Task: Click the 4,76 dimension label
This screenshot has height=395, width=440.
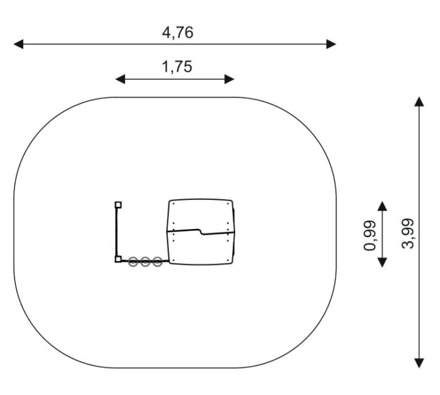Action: click(178, 33)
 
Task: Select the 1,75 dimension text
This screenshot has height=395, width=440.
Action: click(177, 67)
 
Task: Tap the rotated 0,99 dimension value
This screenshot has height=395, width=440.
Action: click(370, 235)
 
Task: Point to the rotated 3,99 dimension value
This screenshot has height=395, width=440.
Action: click(408, 233)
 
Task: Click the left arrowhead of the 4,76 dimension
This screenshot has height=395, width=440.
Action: click(18, 44)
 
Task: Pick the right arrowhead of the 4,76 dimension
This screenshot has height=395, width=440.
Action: click(331, 44)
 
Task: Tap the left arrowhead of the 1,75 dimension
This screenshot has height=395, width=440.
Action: click(120, 79)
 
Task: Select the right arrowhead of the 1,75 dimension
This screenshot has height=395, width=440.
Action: click(229, 79)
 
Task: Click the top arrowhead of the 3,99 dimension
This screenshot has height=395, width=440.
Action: click(419, 102)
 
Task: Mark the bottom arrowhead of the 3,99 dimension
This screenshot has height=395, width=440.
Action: click(419, 363)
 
